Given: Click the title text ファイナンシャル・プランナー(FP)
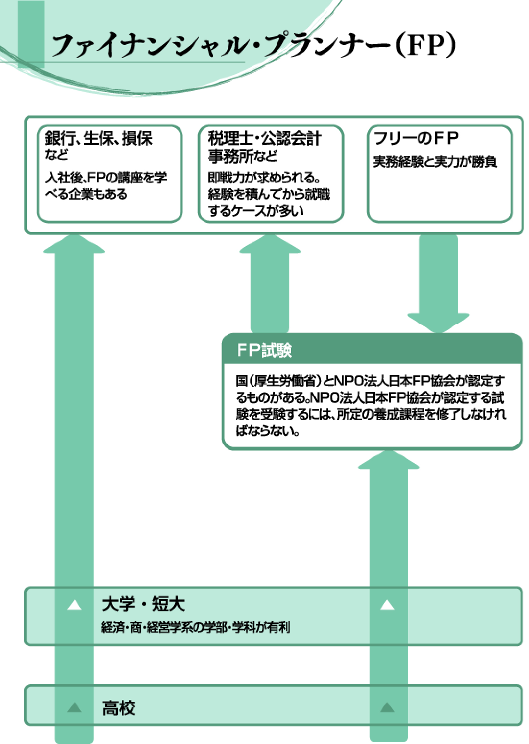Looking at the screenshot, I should [x=253, y=45].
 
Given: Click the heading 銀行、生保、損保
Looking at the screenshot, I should [x=99, y=138].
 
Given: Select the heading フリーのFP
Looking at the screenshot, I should [x=416, y=138].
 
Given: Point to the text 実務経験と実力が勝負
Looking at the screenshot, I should [x=435, y=162].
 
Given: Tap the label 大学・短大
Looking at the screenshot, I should [x=144, y=604].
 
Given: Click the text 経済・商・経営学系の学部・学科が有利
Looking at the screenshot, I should [x=196, y=627].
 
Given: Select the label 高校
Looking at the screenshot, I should [x=119, y=708].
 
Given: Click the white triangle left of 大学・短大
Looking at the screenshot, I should [x=75, y=605].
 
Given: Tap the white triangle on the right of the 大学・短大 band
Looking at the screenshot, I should [x=387, y=605].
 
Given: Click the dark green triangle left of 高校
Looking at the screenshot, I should [x=75, y=708].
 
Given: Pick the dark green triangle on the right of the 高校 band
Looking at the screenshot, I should [x=387, y=708].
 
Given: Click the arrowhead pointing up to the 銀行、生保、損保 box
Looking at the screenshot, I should [x=74, y=245].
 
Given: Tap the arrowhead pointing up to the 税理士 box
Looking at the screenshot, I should [x=270, y=245].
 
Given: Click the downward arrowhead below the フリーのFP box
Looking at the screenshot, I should [x=438, y=323].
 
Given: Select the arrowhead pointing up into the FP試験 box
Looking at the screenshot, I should [x=389, y=460].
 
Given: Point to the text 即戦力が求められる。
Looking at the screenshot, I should [x=264, y=178].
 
